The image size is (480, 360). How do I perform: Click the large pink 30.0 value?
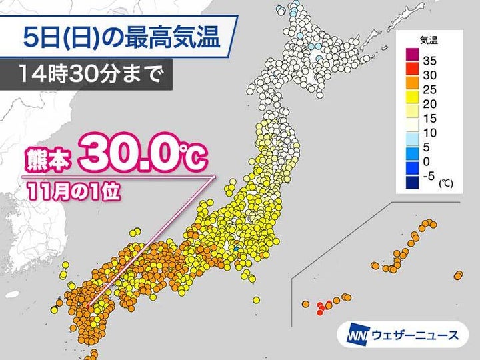pos(130,157)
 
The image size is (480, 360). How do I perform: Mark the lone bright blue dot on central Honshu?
pos(235,249)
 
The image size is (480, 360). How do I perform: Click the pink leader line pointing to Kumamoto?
pos(153,240)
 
